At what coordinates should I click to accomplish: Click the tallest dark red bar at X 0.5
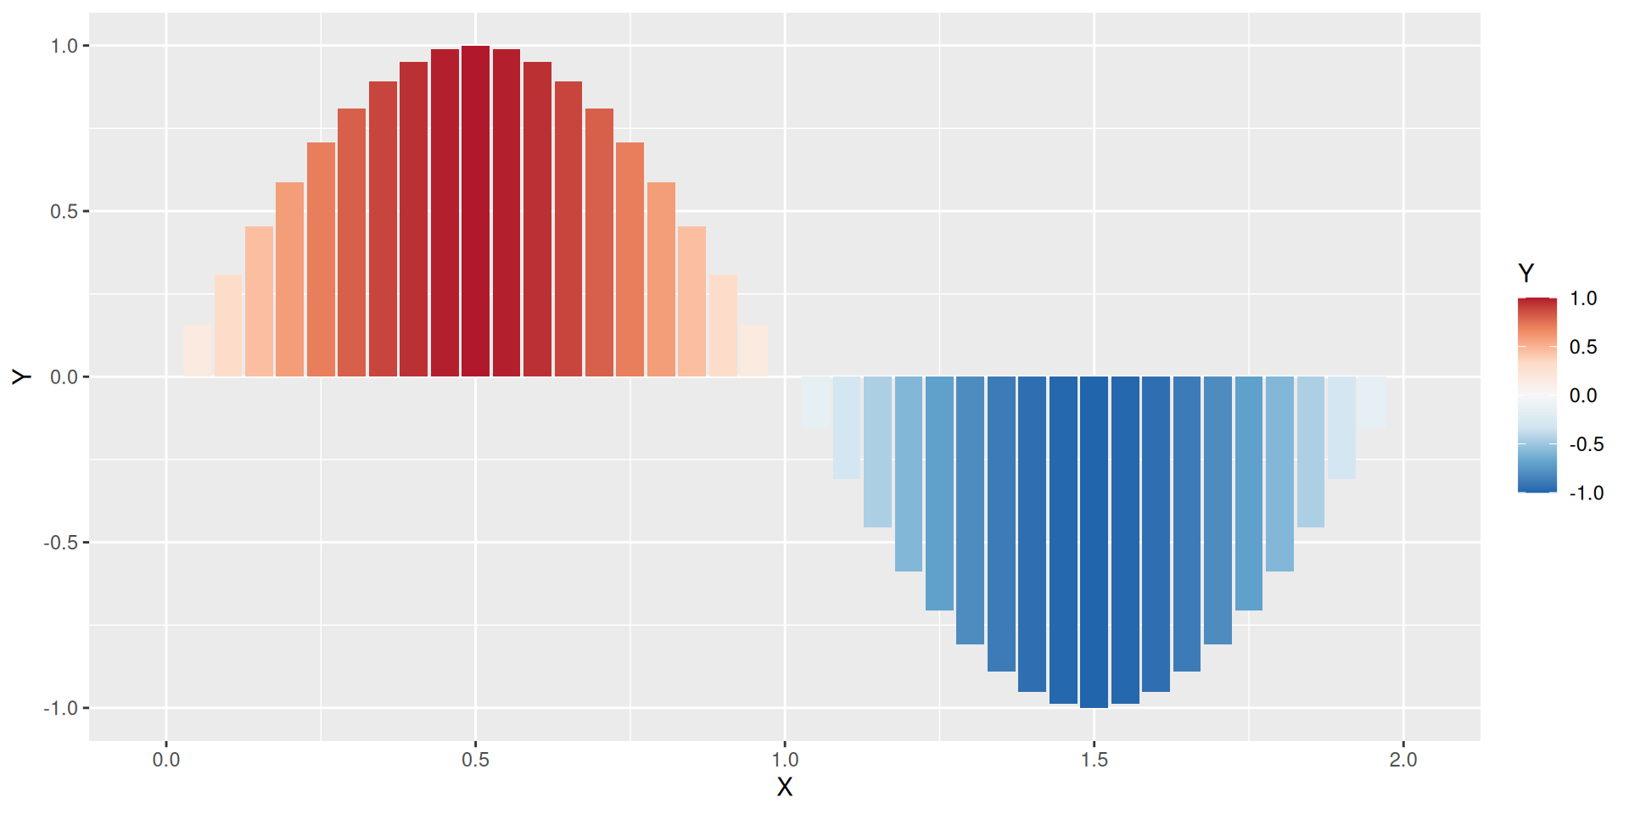click(x=475, y=211)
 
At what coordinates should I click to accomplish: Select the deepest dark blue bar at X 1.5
click(x=1094, y=542)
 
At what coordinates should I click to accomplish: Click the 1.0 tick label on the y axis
click(x=64, y=46)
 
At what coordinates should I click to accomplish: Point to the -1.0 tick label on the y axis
click(x=61, y=708)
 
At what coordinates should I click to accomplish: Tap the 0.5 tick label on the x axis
click(x=475, y=760)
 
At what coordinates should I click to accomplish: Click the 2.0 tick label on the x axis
click(x=1403, y=760)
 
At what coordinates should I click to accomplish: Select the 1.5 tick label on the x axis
click(x=1094, y=760)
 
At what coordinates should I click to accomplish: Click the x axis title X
click(x=785, y=788)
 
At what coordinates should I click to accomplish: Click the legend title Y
click(x=1525, y=273)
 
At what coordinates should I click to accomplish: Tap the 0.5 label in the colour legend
click(x=1583, y=347)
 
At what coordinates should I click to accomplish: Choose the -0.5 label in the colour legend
click(x=1586, y=444)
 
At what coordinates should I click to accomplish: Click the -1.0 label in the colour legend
click(x=1586, y=493)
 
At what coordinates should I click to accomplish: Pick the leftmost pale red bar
click(x=197, y=351)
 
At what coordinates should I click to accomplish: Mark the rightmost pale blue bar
click(x=1372, y=401)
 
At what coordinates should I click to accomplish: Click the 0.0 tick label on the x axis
click(x=166, y=760)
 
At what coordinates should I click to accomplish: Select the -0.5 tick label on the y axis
click(x=61, y=543)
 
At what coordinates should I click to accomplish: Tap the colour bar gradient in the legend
click(x=1537, y=395)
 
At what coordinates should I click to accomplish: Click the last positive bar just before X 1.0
click(x=753, y=351)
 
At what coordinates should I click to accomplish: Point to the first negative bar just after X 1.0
click(x=815, y=401)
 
